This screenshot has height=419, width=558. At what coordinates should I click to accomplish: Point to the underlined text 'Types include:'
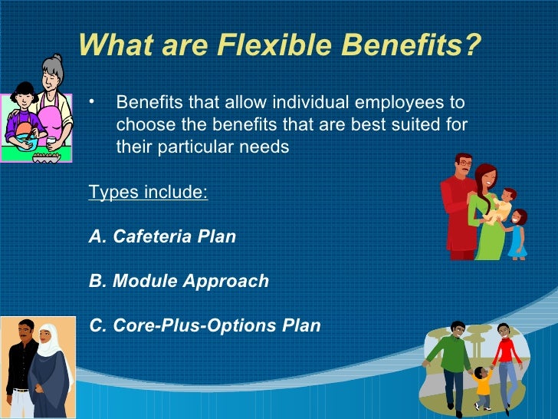[148, 192]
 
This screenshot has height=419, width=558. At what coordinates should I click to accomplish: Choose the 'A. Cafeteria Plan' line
[162, 236]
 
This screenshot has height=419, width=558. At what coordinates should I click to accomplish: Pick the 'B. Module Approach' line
[179, 281]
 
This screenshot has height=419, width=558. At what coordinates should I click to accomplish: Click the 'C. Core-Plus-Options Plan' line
[205, 325]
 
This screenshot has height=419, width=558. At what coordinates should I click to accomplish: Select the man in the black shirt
[23, 365]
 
